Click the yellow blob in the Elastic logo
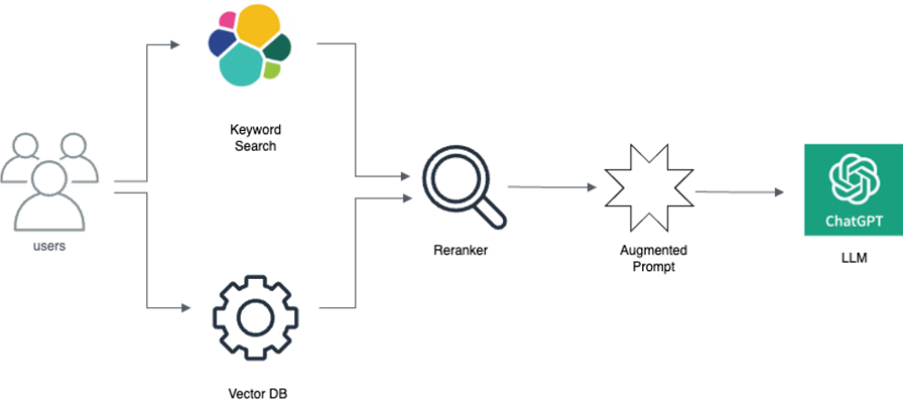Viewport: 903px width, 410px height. click(x=257, y=26)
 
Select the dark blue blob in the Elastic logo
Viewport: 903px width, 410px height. click(x=220, y=42)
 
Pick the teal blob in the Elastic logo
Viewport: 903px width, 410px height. click(x=241, y=64)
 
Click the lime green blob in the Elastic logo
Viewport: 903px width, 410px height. click(x=272, y=69)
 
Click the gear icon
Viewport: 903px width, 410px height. click(x=255, y=316)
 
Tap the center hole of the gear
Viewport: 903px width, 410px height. click(x=255, y=316)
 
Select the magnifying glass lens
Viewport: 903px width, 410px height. click(x=456, y=180)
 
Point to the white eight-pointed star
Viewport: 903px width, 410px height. click(x=648, y=186)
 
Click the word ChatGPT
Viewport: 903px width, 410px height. click(x=853, y=220)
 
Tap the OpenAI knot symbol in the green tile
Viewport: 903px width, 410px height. click(x=853, y=178)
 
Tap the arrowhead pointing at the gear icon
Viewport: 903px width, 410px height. click(x=187, y=309)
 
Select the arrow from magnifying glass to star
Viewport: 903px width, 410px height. click(x=552, y=187)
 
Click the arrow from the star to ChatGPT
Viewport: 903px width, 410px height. click(x=739, y=191)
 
